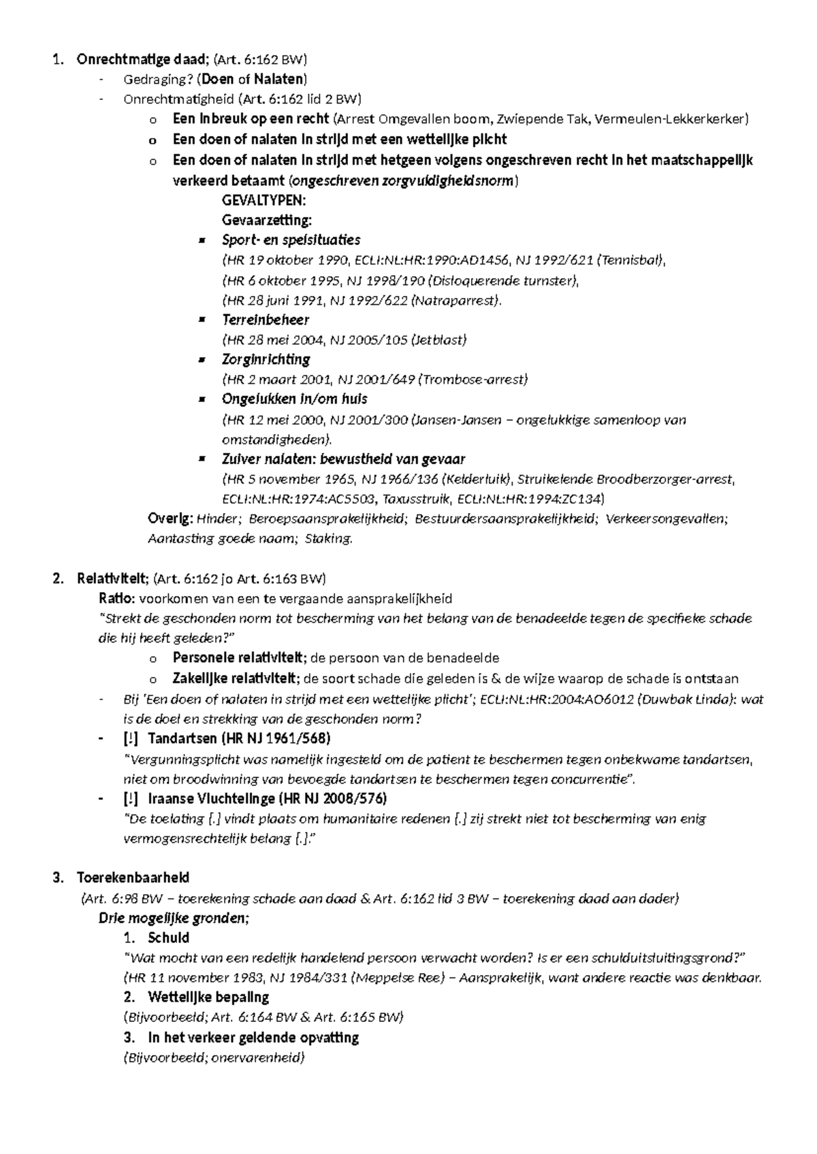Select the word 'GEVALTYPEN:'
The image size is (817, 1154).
coord(263,200)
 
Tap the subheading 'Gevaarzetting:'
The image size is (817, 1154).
coord(266,220)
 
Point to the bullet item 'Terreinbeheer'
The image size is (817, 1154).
coord(266,320)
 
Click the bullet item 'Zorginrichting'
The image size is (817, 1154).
coord(266,359)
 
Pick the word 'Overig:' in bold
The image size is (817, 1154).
coord(171,519)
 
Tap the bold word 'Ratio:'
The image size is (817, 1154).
coord(118,599)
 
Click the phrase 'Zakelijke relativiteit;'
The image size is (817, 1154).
coord(236,678)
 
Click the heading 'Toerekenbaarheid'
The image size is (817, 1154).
coord(133,878)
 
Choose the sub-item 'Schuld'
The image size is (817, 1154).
coord(168,938)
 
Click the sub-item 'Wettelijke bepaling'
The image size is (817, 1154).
coord(208,998)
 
